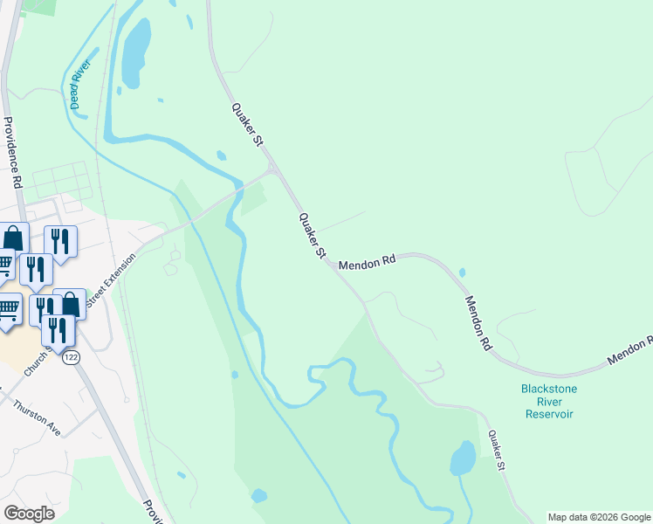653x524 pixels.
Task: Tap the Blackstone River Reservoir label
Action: pos(549,401)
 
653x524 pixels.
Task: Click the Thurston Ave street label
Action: pos(37,418)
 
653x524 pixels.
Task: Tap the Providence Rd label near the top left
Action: pos(13,153)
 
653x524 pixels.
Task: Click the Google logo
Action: pos(29,513)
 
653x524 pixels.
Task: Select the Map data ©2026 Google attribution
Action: pos(598,517)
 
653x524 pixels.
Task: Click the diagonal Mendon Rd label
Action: pos(478,322)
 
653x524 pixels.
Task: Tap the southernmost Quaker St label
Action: pos(497,451)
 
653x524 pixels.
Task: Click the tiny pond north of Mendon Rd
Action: pos(461,272)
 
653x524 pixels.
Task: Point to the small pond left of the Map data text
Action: pos(258,495)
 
